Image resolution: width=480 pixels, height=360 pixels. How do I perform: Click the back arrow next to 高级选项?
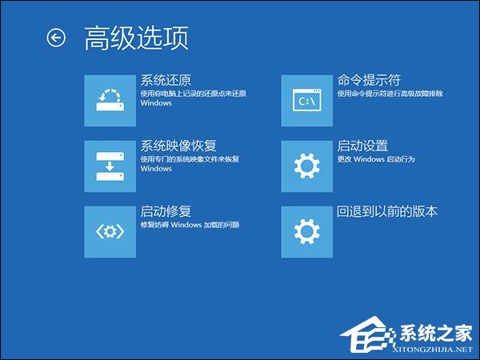(55, 38)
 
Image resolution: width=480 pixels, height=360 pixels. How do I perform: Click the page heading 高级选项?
(136, 38)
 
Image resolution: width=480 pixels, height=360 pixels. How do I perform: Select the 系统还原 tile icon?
(110, 100)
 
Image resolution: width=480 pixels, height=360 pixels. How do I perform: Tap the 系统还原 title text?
(166, 80)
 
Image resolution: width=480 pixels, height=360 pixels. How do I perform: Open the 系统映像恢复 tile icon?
(110, 166)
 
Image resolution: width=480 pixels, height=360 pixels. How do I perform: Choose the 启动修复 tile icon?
(110, 231)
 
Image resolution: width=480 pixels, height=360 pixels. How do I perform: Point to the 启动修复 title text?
(166, 211)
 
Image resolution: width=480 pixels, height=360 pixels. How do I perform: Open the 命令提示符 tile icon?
(307, 100)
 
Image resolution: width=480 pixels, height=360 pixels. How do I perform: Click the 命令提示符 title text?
(369, 80)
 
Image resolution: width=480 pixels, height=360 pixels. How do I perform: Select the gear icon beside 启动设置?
(307, 166)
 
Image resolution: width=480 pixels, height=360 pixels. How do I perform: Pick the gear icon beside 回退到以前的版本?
(307, 231)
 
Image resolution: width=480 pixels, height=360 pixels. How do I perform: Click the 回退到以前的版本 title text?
(387, 211)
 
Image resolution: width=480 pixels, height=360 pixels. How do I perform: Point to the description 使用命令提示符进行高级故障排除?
(390, 94)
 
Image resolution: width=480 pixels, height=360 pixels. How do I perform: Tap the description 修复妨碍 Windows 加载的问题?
(190, 225)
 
